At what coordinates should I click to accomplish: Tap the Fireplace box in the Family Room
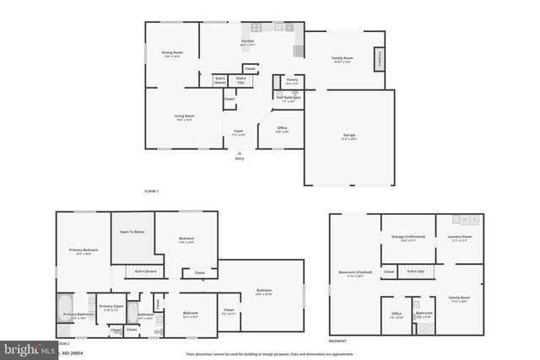[x=380, y=58]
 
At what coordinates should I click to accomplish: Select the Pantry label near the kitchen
[x=292, y=81]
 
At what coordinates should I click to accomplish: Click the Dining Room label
[x=172, y=53]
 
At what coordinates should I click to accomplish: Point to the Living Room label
[x=184, y=116]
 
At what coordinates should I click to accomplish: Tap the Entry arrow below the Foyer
[x=240, y=153]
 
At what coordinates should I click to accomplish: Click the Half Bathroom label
[x=288, y=98]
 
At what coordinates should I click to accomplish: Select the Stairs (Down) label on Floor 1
[x=219, y=80]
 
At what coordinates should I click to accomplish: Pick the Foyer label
[x=239, y=132]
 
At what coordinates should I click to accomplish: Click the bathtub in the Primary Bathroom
[x=66, y=307]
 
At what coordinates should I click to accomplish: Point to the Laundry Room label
[x=460, y=237]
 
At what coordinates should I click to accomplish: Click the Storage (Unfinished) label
[x=408, y=237]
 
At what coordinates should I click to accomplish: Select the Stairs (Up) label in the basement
[x=414, y=271]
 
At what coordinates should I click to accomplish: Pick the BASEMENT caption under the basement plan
[x=337, y=341]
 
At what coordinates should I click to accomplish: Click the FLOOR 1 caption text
[x=151, y=192]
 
